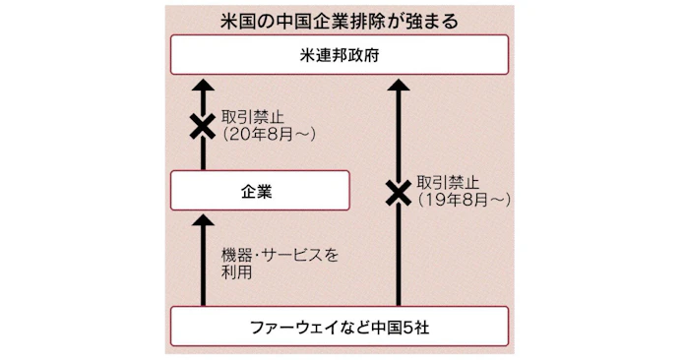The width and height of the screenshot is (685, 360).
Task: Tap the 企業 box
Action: (x=260, y=190)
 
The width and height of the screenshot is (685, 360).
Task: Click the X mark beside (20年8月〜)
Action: (x=203, y=127)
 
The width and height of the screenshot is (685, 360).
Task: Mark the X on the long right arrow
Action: (x=397, y=193)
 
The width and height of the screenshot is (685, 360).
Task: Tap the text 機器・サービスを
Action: (x=280, y=255)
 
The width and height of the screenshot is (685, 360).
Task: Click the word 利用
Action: (x=237, y=273)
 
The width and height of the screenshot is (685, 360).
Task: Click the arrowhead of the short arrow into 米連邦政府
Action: (x=203, y=87)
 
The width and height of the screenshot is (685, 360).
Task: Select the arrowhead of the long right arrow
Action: (x=397, y=87)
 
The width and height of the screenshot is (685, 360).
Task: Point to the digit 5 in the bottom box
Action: (x=403, y=326)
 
